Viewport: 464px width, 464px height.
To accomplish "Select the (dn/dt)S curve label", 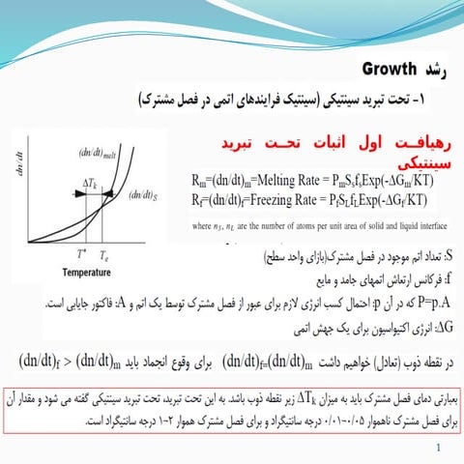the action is (x=144, y=196).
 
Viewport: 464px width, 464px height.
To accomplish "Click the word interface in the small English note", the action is (x=422, y=221).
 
